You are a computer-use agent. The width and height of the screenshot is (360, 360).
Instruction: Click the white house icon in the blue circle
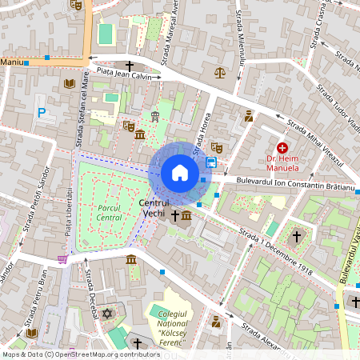coord(180,173)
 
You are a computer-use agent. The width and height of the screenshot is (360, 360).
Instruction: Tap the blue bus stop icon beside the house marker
coord(211,162)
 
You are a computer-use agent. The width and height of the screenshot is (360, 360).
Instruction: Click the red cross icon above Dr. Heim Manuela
coord(282,148)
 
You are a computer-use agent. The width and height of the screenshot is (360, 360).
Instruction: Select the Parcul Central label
coord(109,212)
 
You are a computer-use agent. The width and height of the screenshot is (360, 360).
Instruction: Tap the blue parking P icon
coord(41,113)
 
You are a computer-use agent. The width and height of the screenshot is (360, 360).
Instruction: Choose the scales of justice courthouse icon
coord(220,72)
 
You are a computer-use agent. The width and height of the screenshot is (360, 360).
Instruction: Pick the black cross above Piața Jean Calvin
coord(129,65)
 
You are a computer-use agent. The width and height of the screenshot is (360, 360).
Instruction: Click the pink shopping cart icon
coord(62,258)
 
